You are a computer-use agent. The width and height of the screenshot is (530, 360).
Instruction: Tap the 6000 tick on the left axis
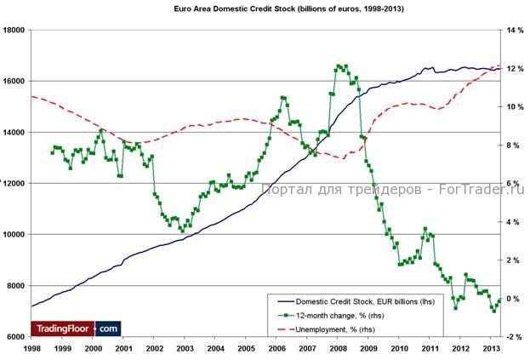click(x=15, y=336)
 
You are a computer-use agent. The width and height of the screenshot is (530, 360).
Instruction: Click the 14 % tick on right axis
click(x=516, y=30)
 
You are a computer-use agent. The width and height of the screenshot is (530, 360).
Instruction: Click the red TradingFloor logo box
click(x=63, y=328)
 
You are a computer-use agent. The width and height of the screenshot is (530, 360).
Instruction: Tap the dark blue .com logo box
click(x=108, y=328)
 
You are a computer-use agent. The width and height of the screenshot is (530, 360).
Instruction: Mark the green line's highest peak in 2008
click(x=339, y=66)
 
